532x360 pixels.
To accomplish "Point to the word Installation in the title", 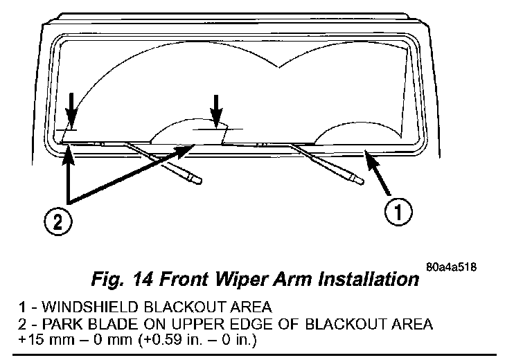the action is click(361, 280).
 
